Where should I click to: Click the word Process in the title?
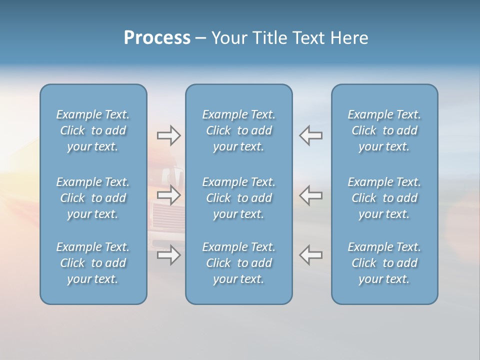[157, 38]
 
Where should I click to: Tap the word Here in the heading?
[349, 38]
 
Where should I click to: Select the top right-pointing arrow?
[168, 135]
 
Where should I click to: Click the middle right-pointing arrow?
[168, 195]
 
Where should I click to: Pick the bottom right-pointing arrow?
[168, 255]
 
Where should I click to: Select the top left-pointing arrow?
[311, 135]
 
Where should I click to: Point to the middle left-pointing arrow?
[311, 195]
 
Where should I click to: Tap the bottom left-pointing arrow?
[311, 255]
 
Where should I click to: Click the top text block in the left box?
[93, 130]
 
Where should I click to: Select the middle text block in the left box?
[93, 198]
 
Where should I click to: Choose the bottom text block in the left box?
[93, 263]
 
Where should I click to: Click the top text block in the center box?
[239, 130]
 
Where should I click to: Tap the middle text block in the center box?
[239, 198]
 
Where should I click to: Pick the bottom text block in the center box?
[239, 263]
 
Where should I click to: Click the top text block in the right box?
[384, 130]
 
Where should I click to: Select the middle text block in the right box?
[384, 198]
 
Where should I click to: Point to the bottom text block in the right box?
[384, 263]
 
